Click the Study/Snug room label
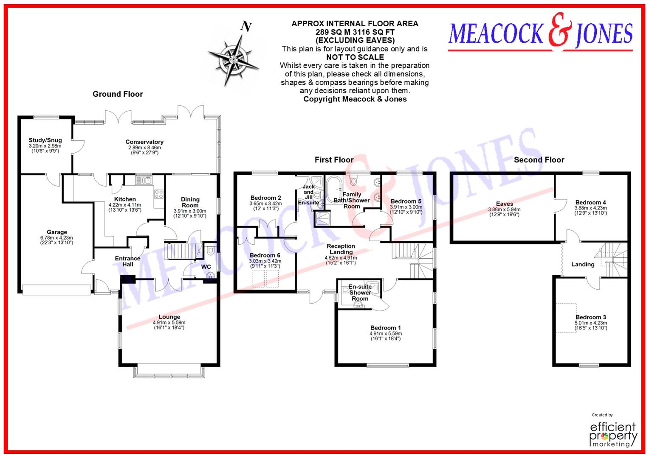click(45, 140)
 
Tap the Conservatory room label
click(144, 142)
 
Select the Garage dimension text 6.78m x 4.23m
click(57, 238)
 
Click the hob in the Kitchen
click(158, 194)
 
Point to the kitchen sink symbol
click(144, 180)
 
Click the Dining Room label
click(190, 202)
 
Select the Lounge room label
click(169, 317)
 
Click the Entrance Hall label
click(127, 261)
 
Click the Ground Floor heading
click(118, 94)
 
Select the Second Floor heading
click(539, 160)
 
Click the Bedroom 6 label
click(265, 255)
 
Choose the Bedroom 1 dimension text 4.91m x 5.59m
click(385, 334)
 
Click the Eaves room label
click(504, 204)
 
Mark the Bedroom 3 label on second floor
click(591, 317)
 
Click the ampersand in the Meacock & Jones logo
click(560, 31)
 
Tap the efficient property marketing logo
click(613, 434)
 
